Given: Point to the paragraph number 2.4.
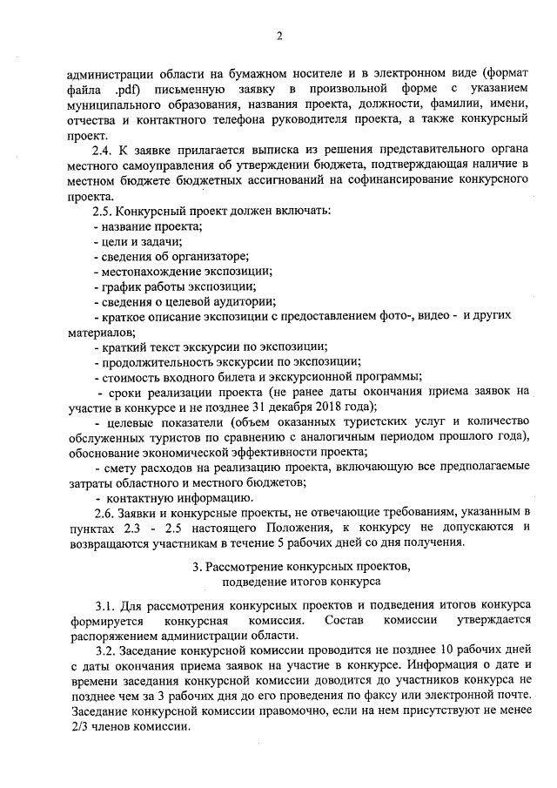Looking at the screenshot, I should click(x=103, y=151).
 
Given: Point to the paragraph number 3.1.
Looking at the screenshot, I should click(x=104, y=605).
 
